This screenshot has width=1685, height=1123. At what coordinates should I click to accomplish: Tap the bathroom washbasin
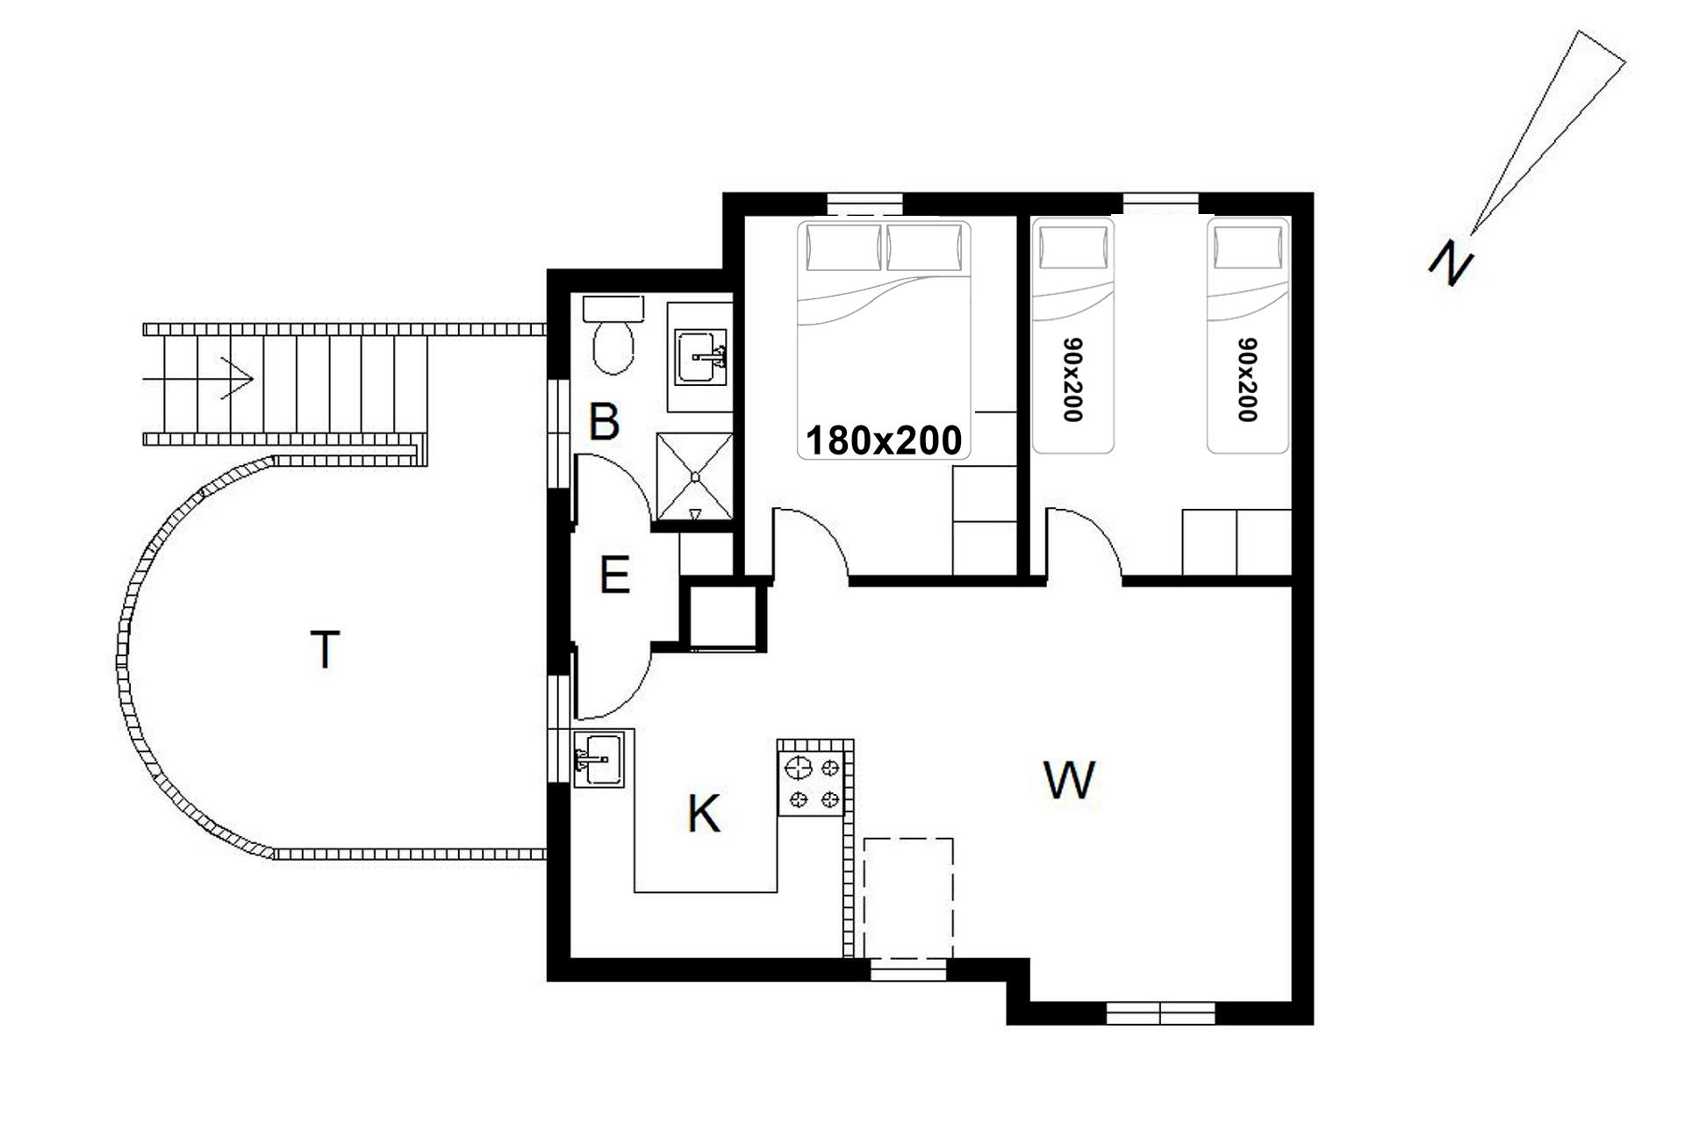tap(700, 357)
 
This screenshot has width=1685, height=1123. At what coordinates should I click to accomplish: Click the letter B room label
tap(604, 421)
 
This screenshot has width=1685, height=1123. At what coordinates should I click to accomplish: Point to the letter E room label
tap(614, 576)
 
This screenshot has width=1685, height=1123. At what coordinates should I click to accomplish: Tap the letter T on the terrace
tap(325, 649)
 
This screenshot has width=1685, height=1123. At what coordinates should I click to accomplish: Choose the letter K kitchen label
tap(704, 813)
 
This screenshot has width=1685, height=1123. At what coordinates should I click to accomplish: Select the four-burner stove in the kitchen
tap(811, 783)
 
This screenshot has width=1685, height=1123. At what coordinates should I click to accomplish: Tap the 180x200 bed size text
tap(884, 440)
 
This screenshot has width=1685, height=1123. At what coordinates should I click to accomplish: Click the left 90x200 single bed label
tap(1072, 380)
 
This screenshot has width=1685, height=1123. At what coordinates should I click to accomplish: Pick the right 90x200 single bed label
tap(1247, 380)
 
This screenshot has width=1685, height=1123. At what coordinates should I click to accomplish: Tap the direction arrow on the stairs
tap(198, 379)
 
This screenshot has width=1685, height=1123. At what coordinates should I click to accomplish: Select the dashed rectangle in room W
tap(908, 898)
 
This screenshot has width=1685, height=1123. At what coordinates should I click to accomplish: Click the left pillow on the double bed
tap(844, 247)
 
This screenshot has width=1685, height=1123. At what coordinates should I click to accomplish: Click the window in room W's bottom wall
tap(1160, 1013)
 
